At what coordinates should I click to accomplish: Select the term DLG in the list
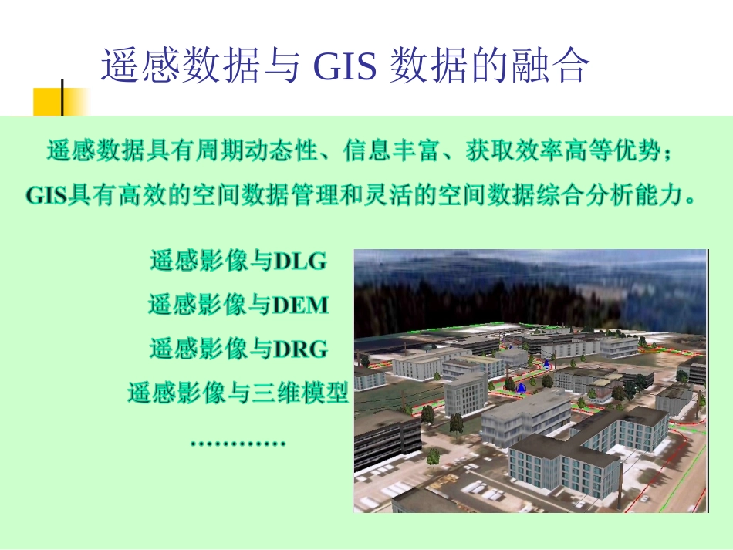300,262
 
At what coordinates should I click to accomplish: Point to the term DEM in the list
301,305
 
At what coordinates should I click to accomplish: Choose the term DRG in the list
300,349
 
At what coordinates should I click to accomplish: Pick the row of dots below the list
238,444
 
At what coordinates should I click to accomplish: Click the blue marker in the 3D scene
521,387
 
